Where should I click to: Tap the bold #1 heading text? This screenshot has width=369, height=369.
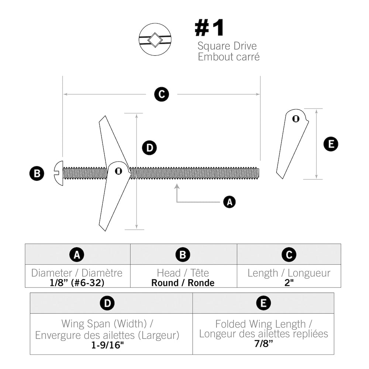coord(209,28)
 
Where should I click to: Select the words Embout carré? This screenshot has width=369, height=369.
coord(229,57)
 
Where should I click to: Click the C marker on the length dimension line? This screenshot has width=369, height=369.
coord(161,94)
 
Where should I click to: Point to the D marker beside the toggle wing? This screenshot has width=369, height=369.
coord(149,148)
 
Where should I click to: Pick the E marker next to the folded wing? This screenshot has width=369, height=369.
coord(331,144)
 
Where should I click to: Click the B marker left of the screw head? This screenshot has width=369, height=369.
coord(37,173)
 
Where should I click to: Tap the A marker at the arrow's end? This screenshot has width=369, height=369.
coord(229,202)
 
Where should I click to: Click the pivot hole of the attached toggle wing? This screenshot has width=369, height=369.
coord(118,170)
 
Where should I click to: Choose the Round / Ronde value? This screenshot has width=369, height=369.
coord(183,283)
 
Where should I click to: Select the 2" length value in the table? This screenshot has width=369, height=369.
coord(289,283)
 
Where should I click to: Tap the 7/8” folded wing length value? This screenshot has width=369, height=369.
coord(263,343)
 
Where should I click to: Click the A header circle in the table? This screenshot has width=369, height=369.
coord(77,255)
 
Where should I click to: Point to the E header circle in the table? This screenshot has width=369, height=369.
coord(263,303)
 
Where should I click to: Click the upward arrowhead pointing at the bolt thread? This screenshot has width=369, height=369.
coord(177,187)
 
